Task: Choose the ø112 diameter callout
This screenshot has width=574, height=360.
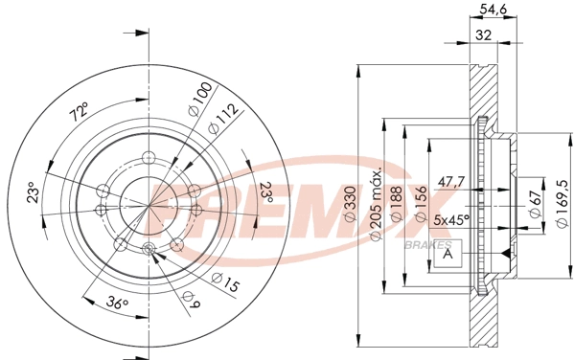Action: [x=222, y=119]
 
